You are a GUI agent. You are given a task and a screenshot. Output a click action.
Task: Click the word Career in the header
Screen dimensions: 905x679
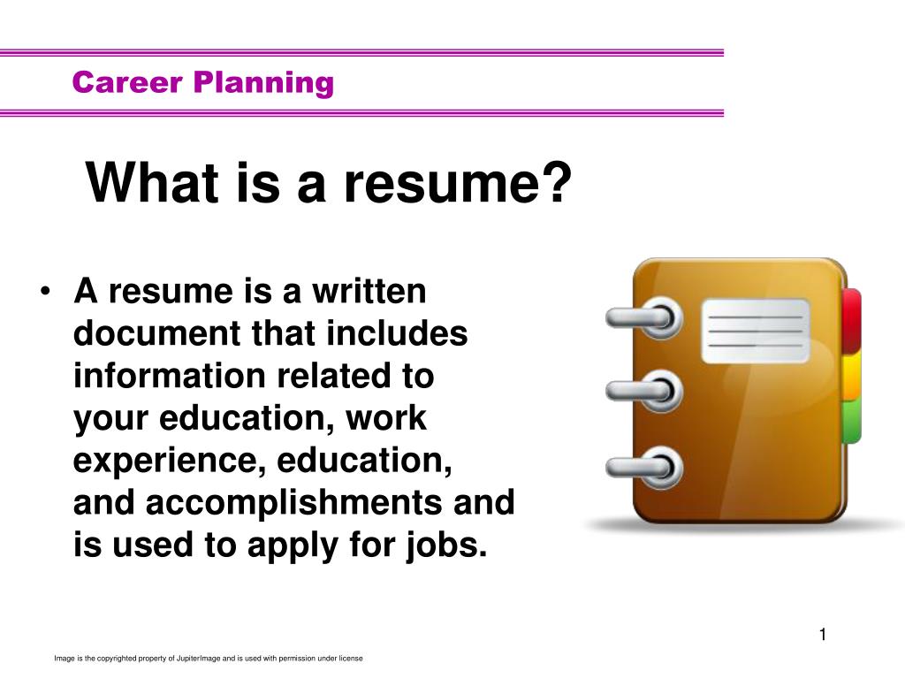(x=127, y=82)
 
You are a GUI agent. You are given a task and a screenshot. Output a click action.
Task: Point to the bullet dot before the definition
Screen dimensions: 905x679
(x=46, y=291)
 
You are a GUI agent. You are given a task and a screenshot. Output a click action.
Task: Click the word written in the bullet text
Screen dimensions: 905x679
(x=369, y=291)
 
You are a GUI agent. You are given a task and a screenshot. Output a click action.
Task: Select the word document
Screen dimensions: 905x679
(x=157, y=333)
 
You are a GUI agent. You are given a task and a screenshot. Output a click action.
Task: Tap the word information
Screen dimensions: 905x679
(x=169, y=375)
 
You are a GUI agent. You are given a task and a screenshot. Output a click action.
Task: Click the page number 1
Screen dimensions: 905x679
(x=823, y=635)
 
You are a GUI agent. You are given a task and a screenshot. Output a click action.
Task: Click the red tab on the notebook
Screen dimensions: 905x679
(x=851, y=321)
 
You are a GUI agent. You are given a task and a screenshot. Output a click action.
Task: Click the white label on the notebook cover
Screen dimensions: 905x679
(x=756, y=331)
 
